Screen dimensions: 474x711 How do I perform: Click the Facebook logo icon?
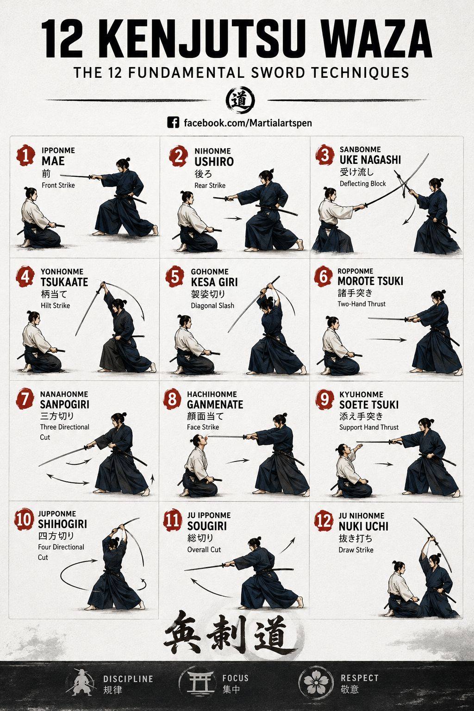pos(173,123)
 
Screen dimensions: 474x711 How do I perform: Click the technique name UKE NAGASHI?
pos(370,160)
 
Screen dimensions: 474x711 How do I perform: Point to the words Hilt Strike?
pos(55,306)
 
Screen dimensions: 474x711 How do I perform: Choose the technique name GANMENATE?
pos(215,405)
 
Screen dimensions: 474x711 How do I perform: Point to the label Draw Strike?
pos(356,549)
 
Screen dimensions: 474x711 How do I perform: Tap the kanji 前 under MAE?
pos(46,174)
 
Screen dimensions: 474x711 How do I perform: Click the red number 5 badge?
pos(175,277)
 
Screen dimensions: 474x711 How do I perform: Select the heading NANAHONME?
pos(64,394)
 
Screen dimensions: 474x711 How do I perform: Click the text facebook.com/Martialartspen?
pos(248,123)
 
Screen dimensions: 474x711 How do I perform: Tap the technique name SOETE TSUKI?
pos(368,405)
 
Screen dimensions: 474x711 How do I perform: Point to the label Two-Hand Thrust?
pos(362,304)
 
